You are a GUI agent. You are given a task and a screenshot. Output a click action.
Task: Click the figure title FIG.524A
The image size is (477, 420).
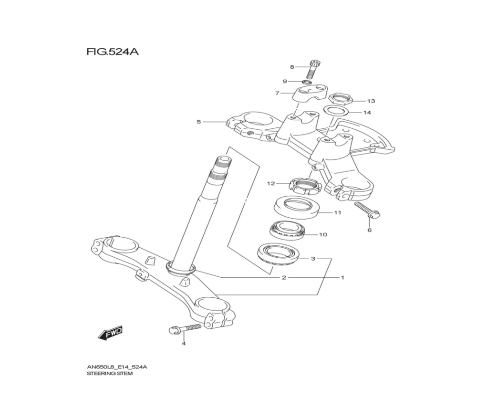113,52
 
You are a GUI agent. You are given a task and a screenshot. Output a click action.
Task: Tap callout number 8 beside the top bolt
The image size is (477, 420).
292,67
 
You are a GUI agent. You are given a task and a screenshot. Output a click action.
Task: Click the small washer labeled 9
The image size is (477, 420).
307,82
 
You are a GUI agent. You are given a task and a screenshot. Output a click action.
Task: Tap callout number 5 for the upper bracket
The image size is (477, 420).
198,122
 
